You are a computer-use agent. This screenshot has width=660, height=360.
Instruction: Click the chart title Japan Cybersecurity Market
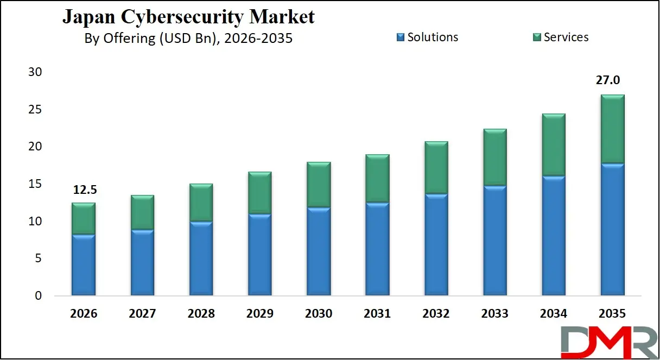click(188, 17)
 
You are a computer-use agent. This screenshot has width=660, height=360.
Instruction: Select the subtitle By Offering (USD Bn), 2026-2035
click(188, 39)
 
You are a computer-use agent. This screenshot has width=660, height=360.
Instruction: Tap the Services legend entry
click(560, 37)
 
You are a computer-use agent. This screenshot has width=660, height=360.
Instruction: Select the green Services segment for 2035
click(613, 129)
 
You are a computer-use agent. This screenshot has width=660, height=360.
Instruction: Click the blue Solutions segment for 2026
click(83, 265)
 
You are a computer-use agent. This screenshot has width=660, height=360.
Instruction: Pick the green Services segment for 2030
click(319, 185)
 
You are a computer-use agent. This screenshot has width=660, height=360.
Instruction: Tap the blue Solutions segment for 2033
click(495, 241)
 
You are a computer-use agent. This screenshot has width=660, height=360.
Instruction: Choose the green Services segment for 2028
click(201, 203)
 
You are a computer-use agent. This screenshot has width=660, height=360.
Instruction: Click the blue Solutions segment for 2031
click(377, 249)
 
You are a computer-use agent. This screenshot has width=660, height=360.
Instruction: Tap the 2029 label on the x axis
click(260, 314)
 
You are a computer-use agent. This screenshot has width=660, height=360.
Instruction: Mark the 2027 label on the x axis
click(142, 314)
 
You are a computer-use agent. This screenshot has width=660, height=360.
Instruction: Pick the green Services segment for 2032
click(436, 168)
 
